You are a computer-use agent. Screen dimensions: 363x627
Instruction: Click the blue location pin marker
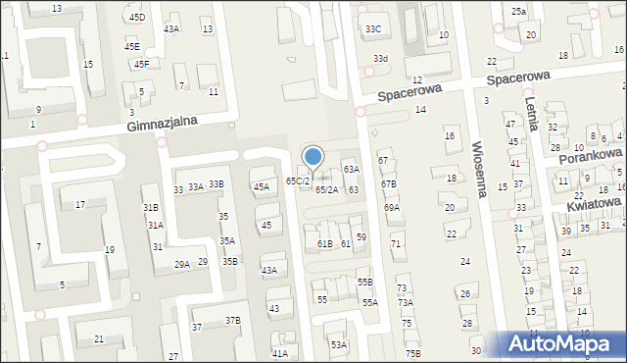[313, 158]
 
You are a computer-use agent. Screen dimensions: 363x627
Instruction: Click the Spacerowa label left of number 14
[410, 91]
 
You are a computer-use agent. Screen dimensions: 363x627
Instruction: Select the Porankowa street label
[591, 156]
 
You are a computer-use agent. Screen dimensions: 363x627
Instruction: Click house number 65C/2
[298, 181]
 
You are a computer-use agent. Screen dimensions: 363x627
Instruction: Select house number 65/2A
[326, 189]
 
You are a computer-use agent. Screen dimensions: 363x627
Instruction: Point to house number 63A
[351, 170]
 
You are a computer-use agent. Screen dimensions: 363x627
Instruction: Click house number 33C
[373, 29]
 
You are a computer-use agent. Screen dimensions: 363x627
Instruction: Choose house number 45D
[136, 18]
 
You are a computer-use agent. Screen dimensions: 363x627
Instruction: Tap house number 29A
[182, 264]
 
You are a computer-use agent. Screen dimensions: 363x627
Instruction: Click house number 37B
[232, 320]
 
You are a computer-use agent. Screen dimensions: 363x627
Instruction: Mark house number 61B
[324, 243]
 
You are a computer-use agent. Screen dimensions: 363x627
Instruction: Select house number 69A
[392, 208]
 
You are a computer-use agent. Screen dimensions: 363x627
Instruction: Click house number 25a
[518, 11]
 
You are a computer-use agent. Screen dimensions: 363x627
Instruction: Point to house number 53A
[338, 344]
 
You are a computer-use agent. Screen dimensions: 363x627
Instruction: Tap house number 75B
[412, 353]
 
